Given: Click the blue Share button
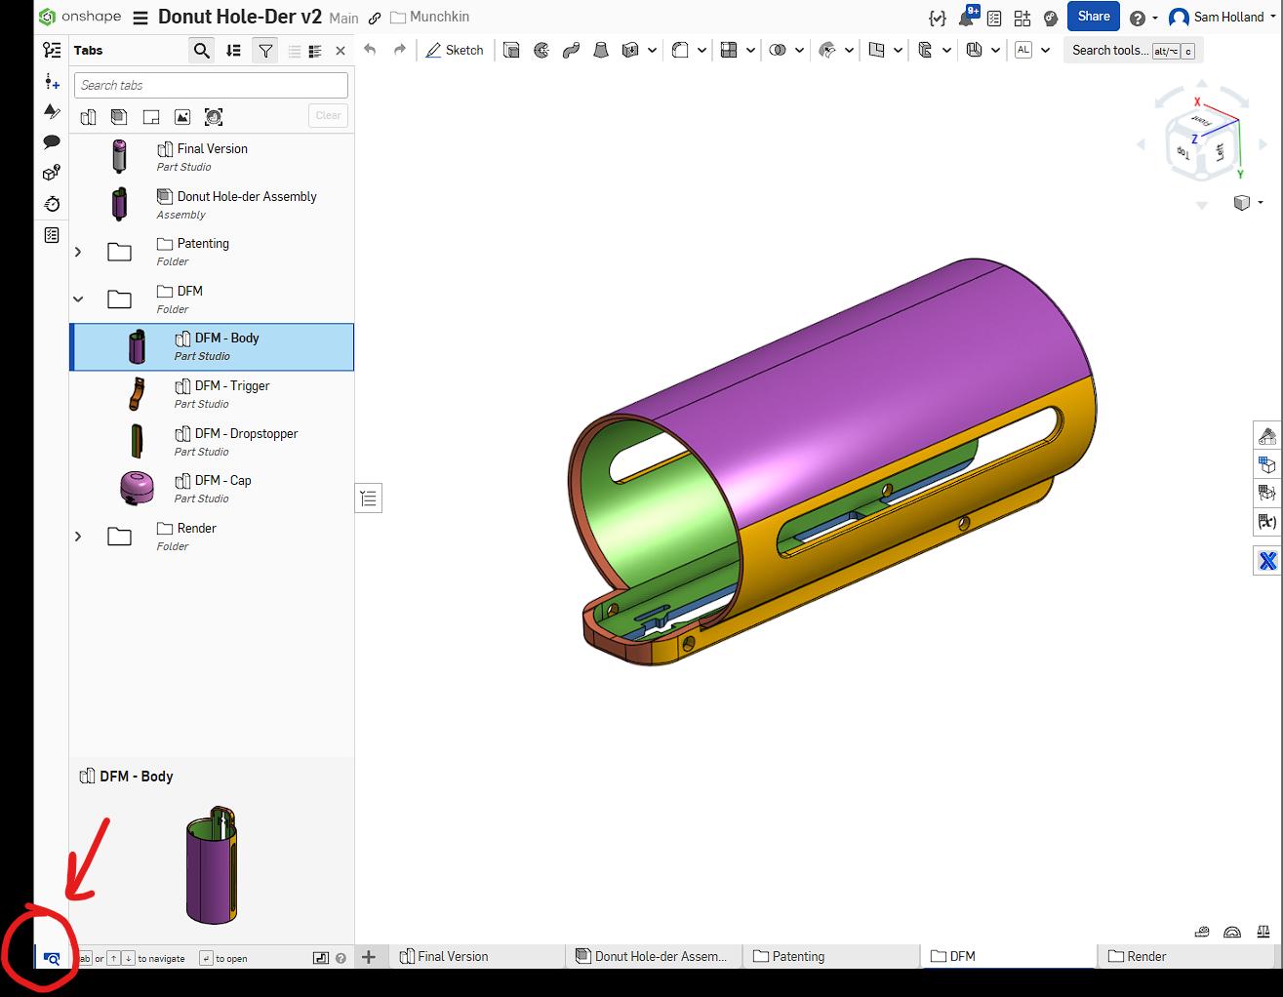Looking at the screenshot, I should (1093, 17).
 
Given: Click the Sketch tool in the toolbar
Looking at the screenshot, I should (455, 50).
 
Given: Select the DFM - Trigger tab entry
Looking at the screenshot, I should (231, 386).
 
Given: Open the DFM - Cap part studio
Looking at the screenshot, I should (222, 481).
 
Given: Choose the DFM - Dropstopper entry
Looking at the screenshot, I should (246, 434).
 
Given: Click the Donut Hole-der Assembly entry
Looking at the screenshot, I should (246, 197).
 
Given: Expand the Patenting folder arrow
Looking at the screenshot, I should (78, 252).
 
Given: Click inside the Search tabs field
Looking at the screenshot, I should (211, 86).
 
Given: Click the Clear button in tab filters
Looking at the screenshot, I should (328, 115).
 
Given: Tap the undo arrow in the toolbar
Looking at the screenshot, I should (370, 50).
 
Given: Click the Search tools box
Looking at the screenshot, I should (1110, 51).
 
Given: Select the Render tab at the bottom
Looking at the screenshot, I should (1145, 956).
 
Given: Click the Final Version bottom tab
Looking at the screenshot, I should (453, 956).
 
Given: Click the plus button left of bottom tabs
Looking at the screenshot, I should (369, 956).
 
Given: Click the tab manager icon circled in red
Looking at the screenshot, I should (52, 958).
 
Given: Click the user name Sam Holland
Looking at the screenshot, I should (1227, 18).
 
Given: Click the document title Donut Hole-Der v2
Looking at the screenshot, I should (239, 17).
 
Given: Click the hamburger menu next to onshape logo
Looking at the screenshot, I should (140, 18).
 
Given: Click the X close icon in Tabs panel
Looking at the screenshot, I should (340, 51).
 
